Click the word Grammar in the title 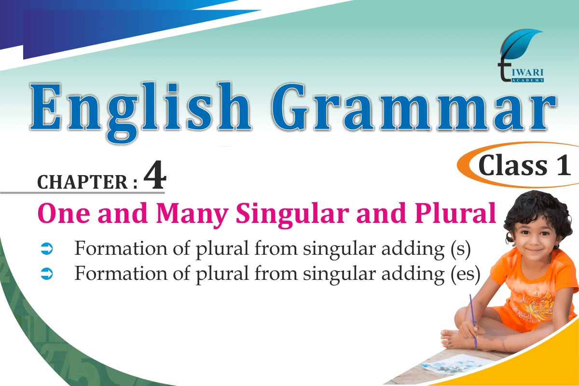coord(414,107)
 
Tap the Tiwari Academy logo coord(521,55)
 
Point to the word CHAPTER coord(83,182)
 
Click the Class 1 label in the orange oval coord(525,165)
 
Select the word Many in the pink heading coord(193,215)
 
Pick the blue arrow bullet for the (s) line coord(47,248)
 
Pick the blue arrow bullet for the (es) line coord(47,274)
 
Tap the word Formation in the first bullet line coord(121,248)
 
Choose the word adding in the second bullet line coord(413,275)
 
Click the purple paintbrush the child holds coord(473,322)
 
